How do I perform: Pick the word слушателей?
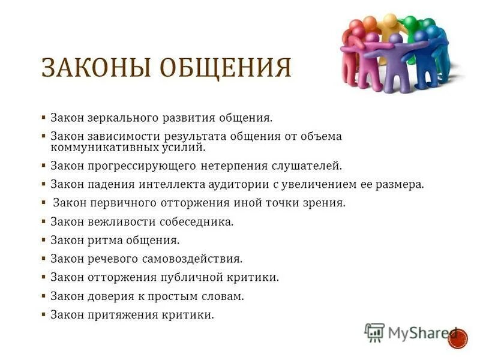[308, 165]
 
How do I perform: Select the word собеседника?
[196, 222]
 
